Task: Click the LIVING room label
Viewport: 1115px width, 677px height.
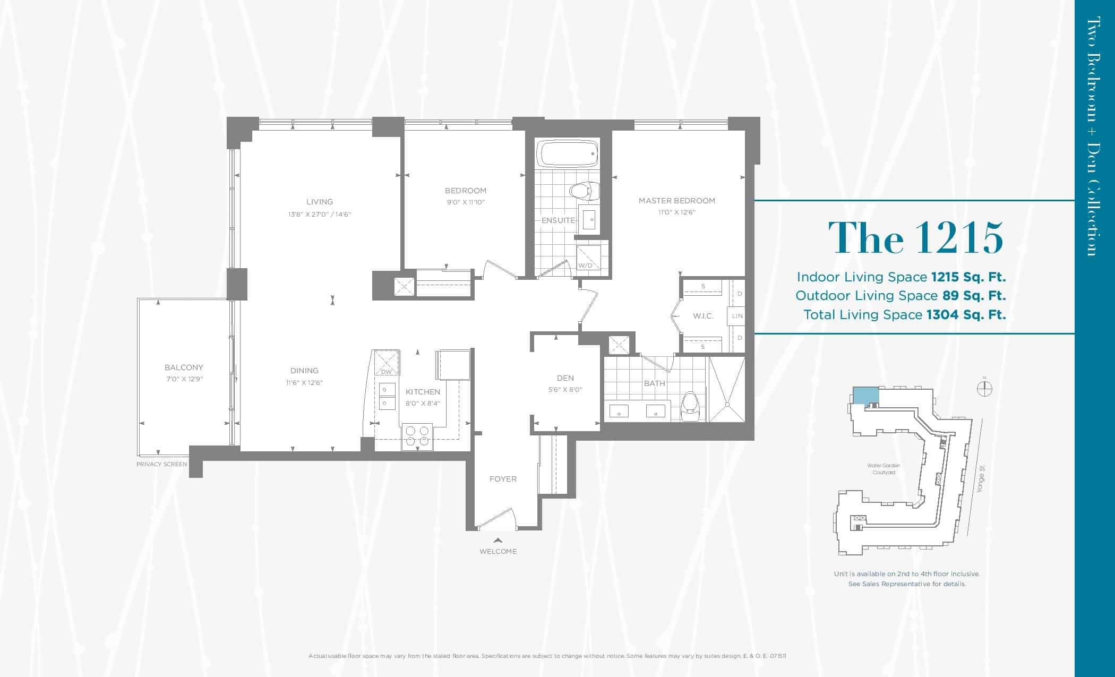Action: point(320,202)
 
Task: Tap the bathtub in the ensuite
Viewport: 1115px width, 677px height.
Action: point(568,153)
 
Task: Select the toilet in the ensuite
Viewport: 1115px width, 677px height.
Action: point(584,191)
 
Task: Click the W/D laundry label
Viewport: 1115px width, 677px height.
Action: point(585,265)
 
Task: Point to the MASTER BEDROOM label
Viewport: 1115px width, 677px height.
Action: point(677,201)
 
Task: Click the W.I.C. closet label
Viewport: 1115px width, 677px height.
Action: point(703,316)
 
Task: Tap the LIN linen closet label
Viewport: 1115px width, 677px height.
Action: point(737,316)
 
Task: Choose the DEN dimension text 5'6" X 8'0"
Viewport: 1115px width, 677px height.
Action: point(565,390)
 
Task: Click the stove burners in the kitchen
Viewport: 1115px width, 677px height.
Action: point(417,436)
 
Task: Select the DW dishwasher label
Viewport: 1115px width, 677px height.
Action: point(386,372)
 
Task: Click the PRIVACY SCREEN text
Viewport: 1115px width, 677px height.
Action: point(162,464)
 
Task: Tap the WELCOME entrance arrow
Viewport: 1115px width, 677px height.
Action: point(498,540)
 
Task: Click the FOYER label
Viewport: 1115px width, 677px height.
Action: point(503,479)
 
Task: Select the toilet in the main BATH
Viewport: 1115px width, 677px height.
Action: point(690,408)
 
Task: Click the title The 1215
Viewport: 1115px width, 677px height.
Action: point(916,237)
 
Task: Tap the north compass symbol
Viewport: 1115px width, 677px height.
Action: point(984,388)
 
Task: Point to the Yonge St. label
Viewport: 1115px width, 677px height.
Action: point(981,478)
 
